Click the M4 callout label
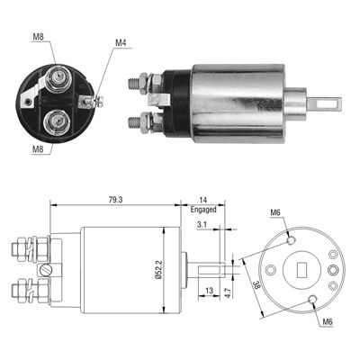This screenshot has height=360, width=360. coord(121,42)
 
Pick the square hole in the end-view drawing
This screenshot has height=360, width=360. coord(302,268)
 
